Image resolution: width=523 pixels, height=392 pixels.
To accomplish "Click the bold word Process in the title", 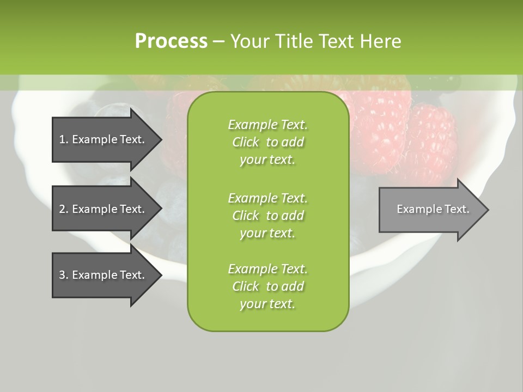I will tap(171, 41).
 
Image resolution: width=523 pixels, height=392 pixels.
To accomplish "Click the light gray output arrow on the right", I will tap(430, 210).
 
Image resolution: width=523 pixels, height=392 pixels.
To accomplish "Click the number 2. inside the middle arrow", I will tap(63, 209).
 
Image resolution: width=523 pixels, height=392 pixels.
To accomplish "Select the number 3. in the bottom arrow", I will tap(63, 275).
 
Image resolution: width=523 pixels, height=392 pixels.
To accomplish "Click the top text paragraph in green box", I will tap(267, 142).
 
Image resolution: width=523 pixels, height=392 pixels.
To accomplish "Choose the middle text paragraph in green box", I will tap(267, 215).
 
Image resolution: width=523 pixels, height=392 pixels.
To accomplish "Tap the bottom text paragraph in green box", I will tap(267, 286).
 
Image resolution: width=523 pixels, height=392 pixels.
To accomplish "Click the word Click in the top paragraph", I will tap(245, 142).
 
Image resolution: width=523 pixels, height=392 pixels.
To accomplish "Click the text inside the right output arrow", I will tap(433, 209).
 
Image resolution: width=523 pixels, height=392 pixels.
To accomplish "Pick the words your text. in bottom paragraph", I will tap(267, 304).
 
